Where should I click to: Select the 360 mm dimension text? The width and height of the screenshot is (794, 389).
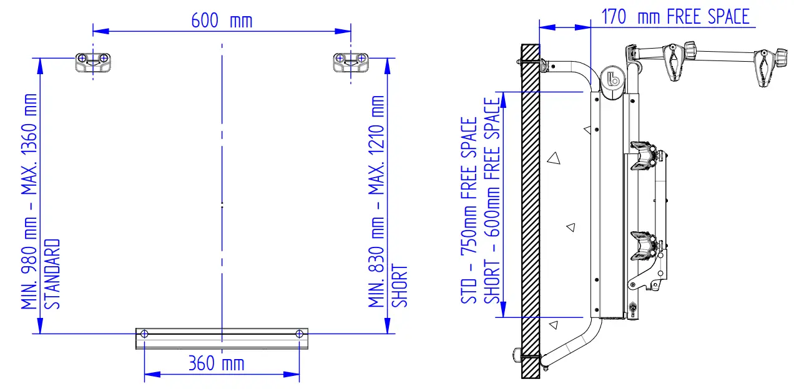coord(216,363)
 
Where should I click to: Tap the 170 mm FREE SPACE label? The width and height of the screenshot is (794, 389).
coord(675,17)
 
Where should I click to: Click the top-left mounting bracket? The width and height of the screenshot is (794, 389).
coord(93,62)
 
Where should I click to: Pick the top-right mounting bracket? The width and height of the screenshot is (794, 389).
coord(351,62)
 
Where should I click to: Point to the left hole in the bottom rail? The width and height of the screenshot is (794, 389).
coord(144,334)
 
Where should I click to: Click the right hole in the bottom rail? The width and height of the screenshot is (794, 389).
coord(300,334)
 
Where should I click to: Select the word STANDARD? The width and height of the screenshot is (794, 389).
coord(54,274)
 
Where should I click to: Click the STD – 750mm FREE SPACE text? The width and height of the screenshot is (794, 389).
coord(469,211)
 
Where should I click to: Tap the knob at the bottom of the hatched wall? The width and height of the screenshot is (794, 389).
coord(517,355)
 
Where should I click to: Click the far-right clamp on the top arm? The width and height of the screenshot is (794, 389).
coord(767,66)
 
